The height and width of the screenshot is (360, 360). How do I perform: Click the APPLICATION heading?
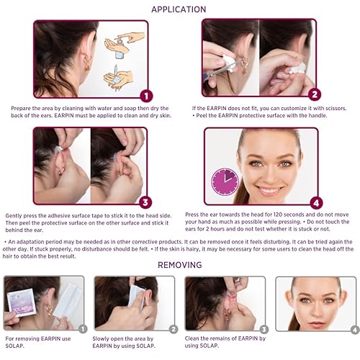point(180,9)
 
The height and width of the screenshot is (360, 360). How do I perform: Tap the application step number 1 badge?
point(145,95)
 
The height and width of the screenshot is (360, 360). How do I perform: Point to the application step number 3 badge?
point(145,203)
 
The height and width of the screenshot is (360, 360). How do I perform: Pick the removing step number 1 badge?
point(84,330)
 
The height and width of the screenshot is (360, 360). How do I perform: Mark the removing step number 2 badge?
point(174,330)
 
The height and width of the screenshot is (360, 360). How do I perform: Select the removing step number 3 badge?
point(264,330)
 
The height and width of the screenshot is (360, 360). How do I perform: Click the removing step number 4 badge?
point(354,330)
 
